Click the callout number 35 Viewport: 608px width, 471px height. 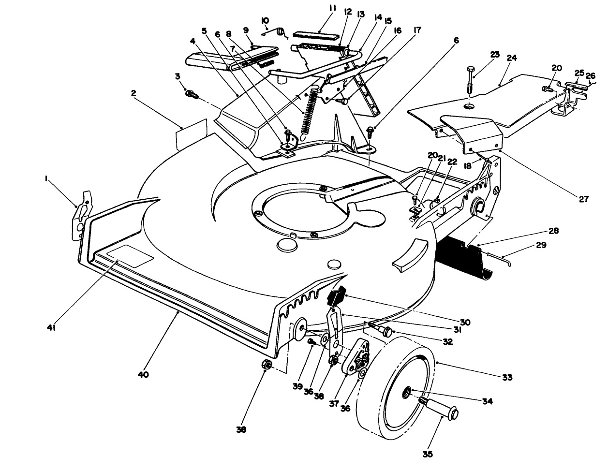[428, 455]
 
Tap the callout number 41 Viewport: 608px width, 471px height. [51, 327]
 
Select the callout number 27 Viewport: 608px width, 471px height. [584, 199]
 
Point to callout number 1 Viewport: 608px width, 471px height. [46, 178]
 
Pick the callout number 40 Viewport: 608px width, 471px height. [143, 375]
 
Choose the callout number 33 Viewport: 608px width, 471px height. [507, 378]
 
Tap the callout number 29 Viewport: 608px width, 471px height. [541, 245]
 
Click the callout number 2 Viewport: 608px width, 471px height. [133, 93]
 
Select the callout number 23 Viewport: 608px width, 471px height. [495, 54]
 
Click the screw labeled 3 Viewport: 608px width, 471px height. [193, 94]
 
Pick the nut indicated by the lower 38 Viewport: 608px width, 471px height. [266, 365]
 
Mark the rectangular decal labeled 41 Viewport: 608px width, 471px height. [131, 256]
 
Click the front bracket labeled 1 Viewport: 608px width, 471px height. [82, 215]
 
